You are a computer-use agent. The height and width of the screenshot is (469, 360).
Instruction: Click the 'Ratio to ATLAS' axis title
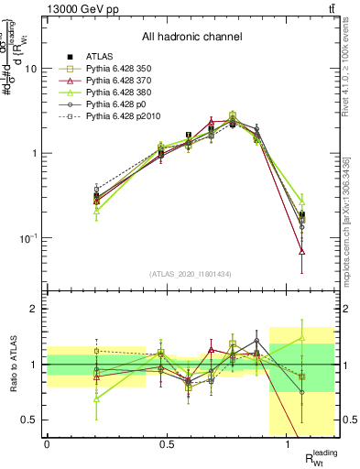pos(11,364)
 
